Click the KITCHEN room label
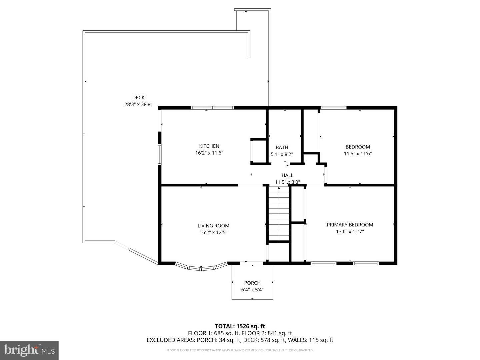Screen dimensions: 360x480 [209, 146]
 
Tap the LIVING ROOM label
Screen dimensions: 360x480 [213, 226]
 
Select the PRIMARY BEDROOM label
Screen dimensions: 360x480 [350, 225]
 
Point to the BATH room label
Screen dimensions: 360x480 [282, 147]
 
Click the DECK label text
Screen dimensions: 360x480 [138, 98]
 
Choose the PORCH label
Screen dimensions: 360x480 [252, 283]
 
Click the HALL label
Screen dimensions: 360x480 [287, 175]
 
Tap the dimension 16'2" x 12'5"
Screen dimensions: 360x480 [213, 233]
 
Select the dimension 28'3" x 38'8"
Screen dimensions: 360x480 [138, 104]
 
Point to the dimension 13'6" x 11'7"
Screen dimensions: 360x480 [350, 231]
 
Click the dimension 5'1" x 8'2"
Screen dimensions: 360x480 [282, 154]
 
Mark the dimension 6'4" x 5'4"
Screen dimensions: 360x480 [252, 290]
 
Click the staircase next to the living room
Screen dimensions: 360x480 [279, 213]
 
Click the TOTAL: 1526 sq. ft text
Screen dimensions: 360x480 [240, 326]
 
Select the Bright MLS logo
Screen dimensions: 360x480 [29, 350]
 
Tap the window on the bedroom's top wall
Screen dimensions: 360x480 [333, 108]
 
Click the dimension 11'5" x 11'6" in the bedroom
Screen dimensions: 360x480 [358, 154]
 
